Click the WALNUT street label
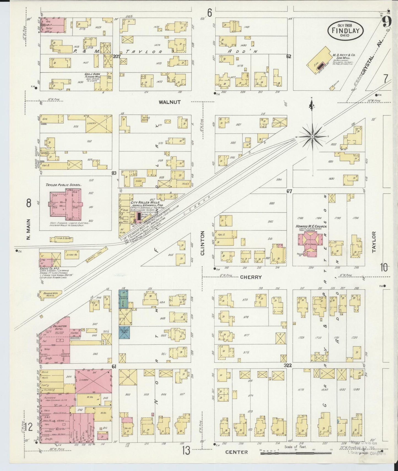tap(170, 102)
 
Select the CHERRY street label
tap(250, 277)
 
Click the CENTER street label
tap(236, 452)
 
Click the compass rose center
tap(313, 137)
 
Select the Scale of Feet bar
tap(297, 453)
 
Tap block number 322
tap(288, 365)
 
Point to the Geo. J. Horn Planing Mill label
tap(93, 76)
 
